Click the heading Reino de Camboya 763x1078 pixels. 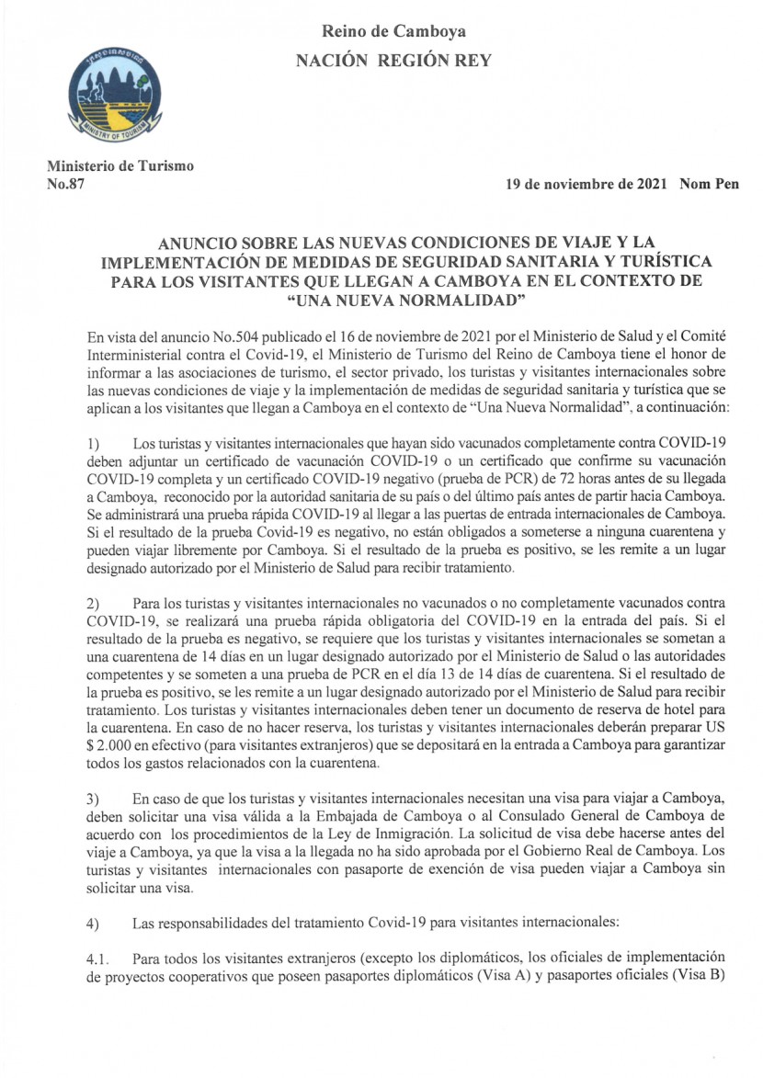pos(393,31)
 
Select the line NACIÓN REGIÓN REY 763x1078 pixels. pos(393,61)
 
